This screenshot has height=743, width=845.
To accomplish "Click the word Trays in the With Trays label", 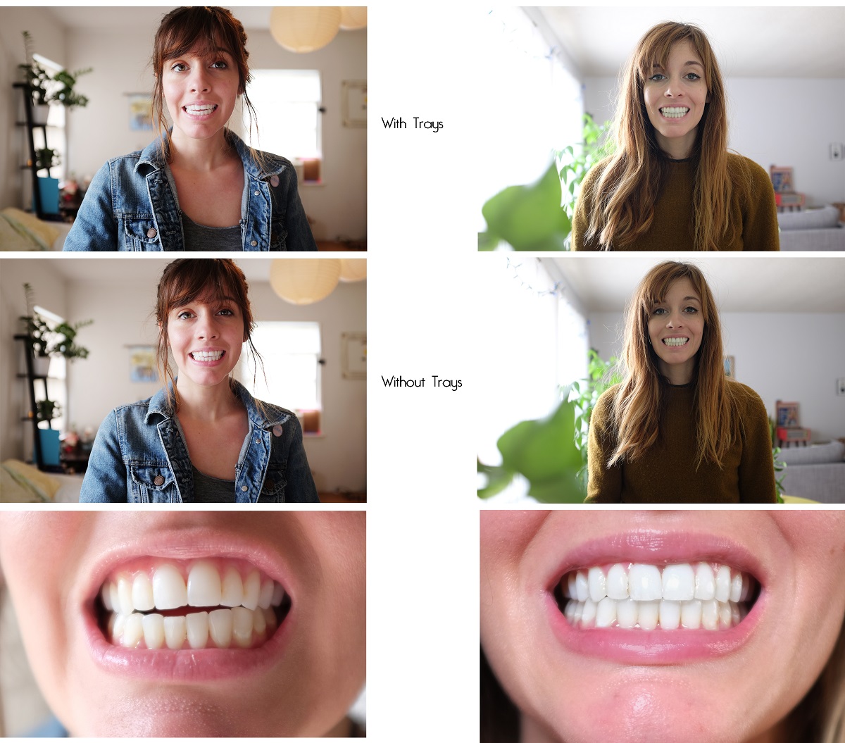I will point(428,125).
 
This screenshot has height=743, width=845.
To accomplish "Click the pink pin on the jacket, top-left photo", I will point(274,181).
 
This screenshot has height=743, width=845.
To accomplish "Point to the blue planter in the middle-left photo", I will point(49,447).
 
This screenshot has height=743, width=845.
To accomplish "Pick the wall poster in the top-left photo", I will point(141,111).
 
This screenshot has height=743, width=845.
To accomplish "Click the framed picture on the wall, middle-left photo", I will point(354,356).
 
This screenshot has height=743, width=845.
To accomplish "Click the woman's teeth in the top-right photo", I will point(674,112).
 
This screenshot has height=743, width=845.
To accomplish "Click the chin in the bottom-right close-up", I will point(655,704).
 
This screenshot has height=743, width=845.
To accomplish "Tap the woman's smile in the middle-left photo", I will point(208,356).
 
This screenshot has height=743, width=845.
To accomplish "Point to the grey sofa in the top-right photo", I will point(810,229).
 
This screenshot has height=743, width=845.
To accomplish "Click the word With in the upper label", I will point(394,123).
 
